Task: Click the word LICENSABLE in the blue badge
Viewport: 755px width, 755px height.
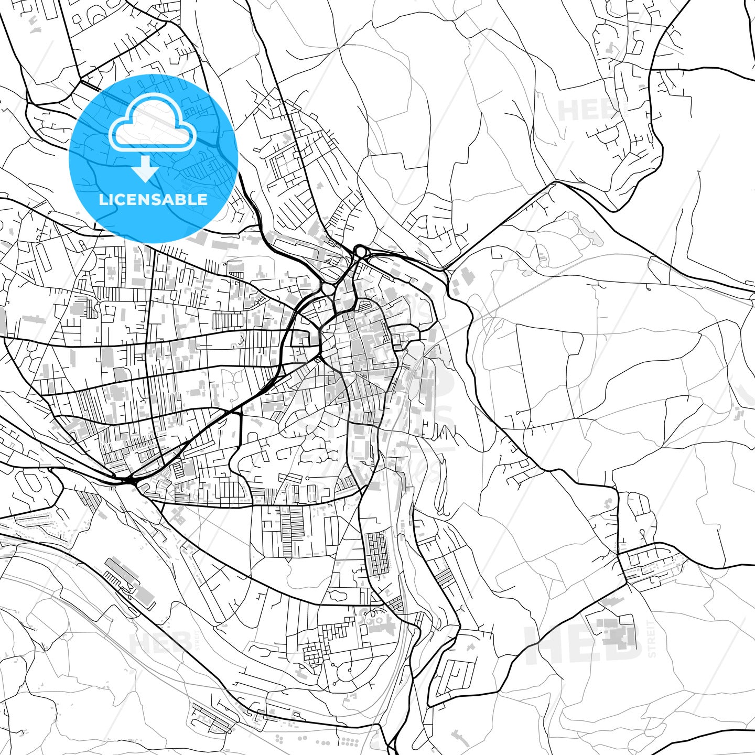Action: pyautogui.click(x=153, y=199)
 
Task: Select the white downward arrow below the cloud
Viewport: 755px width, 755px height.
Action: pyautogui.click(x=145, y=168)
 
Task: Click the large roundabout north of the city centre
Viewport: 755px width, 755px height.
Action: pyautogui.click(x=361, y=252)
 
